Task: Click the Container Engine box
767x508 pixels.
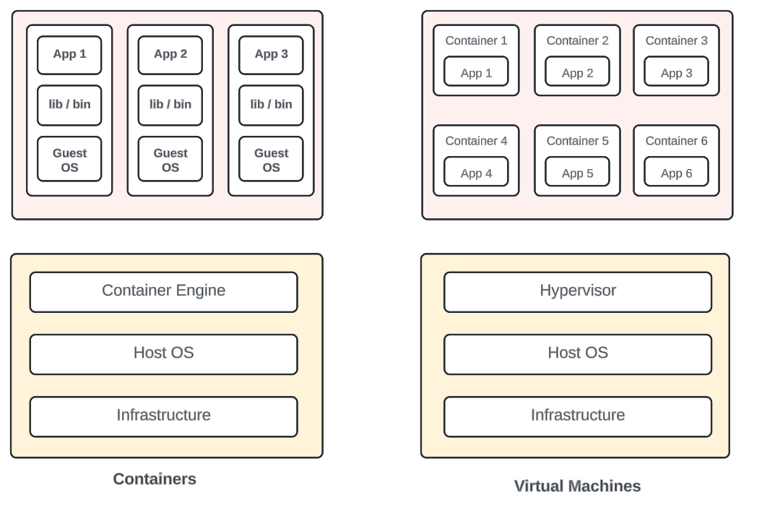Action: pyautogui.click(x=163, y=291)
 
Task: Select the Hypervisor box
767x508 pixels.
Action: pyautogui.click(x=577, y=291)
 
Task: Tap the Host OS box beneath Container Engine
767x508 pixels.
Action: pyautogui.click(x=163, y=353)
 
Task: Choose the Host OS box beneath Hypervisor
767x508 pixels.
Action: pyautogui.click(x=577, y=353)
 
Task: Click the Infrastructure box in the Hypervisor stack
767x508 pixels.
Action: pyautogui.click(x=577, y=416)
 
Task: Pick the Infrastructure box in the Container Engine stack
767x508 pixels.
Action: pyautogui.click(x=163, y=416)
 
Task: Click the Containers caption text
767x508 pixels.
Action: pyautogui.click(x=155, y=479)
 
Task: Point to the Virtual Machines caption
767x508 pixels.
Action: pyautogui.click(x=577, y=486)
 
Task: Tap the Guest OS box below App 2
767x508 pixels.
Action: pyautogui.click(x=170, y=160)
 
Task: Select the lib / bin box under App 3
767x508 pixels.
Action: pyautogui.click(x=271, y=105)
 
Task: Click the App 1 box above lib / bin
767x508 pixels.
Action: pyautogui.click(x=69, y=55)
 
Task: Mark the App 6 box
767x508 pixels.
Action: pyautogui.click(x=676, y=173)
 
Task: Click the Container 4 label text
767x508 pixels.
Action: pyautogui.click(x=476, y=141)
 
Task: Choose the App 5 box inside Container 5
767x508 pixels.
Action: pyautogui.click(x=577, y=173)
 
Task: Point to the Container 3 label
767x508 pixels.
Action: pyautogui.click(x=676, y=40)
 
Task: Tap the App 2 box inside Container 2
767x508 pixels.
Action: pyautogui.click(x=577, y=72)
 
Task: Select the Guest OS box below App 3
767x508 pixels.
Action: pyautogui.click(x=271, y=160)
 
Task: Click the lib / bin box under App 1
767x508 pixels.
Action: pyautogui.click(x=69, y=105)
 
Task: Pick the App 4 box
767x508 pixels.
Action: pyautogui.click(x=476, y=173)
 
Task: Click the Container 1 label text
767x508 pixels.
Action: pyautogui.click(x=476, y=40)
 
